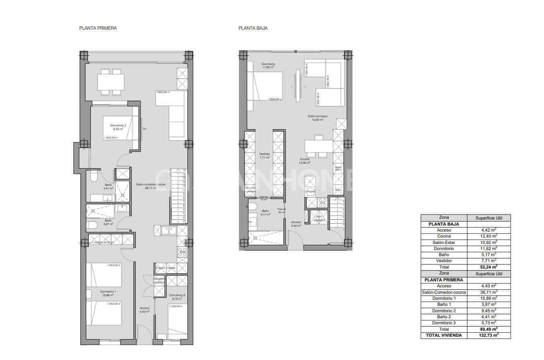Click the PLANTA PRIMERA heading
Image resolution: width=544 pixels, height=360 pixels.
pyautogui.click(x=98, y=28)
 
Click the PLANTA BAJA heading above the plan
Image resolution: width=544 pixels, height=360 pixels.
pyautogui.click(x=253, y=28)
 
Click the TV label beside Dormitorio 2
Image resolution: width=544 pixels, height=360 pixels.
pyautogui.click(x=144, y=129)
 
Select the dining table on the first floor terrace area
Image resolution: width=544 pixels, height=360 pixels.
pyautogui.click(x=110, y=82)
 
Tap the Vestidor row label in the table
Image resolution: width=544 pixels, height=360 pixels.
pyautogui.click(x=444, y=260)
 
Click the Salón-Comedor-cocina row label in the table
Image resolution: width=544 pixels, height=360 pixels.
pyautogui.click(x=444, y=292)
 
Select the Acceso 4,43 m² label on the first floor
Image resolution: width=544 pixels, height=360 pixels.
pyautogui.click(x=144, y=309)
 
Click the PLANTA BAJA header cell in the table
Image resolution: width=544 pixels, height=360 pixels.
pyautogui.click(x=444, y=224)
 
